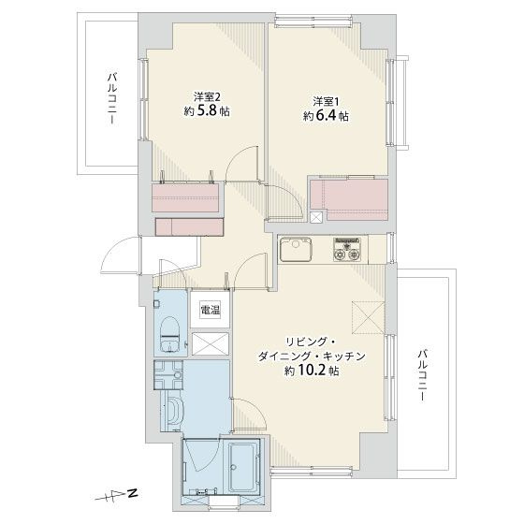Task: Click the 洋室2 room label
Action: [x=207, y=96]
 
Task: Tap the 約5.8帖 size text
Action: [x=207, y=111]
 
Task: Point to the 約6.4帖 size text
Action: [x=326, y=116]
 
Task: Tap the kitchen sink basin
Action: [x=298, y=251]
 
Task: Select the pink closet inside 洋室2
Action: [x=187, y=197]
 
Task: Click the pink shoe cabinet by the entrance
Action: [x=190, y=226]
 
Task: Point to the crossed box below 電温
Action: [x=208, y=342]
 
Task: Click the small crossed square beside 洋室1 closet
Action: [x=314, y=217]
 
